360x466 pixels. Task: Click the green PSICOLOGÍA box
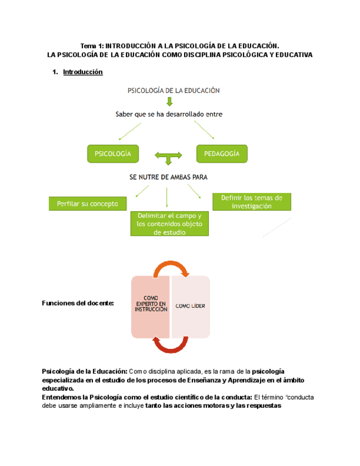(113, 154)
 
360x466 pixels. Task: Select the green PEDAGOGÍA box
(221, 154)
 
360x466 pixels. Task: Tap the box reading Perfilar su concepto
(87, 203)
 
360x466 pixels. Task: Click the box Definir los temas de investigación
(251, 202)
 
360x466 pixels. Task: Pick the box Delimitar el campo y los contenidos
(169, 224)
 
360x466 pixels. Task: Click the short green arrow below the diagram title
(170, 102)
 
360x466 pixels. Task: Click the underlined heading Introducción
(83, 72)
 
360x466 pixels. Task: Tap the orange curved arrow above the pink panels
(171, 268)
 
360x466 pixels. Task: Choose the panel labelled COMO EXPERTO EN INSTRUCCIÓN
(151, 306)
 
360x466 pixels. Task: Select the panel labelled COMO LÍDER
(190, 306)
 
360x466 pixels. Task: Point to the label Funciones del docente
(77, 303)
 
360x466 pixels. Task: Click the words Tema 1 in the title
(91, 46)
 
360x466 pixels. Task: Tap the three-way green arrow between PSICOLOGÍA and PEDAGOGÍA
(169, 158)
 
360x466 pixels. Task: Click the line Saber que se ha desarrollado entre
(169, 114)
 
